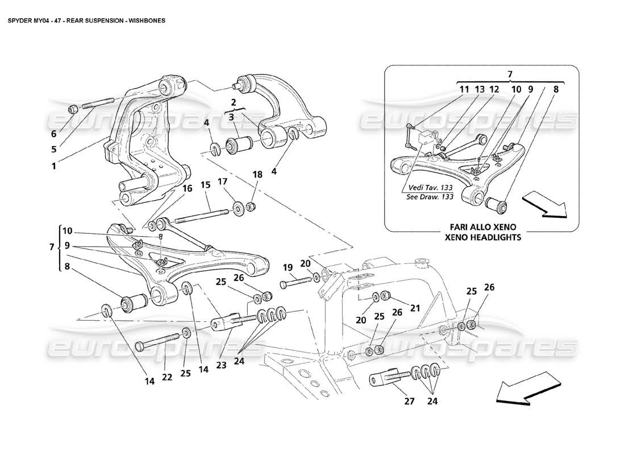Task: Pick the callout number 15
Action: pos(205,185)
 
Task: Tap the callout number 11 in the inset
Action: pos(464,89)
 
